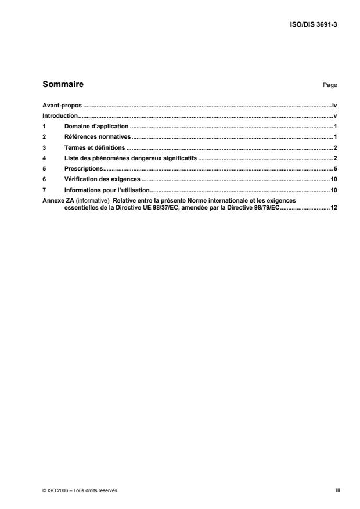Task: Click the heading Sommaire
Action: pos(63,85)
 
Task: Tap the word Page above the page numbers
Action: pos(330,85)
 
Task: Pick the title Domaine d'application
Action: pos(96,127)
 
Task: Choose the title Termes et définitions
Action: pos(95,148)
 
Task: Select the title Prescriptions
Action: pos(84,169)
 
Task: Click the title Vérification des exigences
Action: pos(102,179)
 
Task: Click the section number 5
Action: pos(45,169)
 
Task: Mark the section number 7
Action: pos(45,190)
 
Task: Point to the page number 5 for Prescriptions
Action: pos(336,169)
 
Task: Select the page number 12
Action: pos(334,207)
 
